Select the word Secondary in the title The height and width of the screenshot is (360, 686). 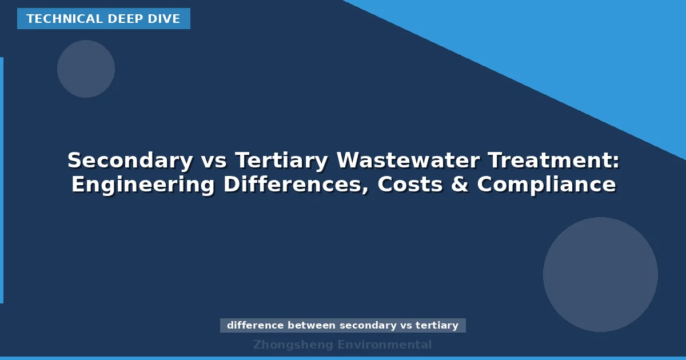click(130, 161)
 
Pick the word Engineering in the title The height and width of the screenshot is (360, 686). click(143, 185)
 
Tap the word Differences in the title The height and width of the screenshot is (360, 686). click(295, 185)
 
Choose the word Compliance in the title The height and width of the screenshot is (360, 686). click(547, 185)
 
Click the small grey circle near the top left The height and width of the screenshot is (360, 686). click(86, 69)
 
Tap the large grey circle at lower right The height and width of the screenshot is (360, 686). click(600, 274)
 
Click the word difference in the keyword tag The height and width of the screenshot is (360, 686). click(255, 325)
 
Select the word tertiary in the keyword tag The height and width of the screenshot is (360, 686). click(437, 325)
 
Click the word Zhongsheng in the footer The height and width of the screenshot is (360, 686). click(293, 345)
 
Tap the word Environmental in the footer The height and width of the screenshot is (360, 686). click(384, 345)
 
